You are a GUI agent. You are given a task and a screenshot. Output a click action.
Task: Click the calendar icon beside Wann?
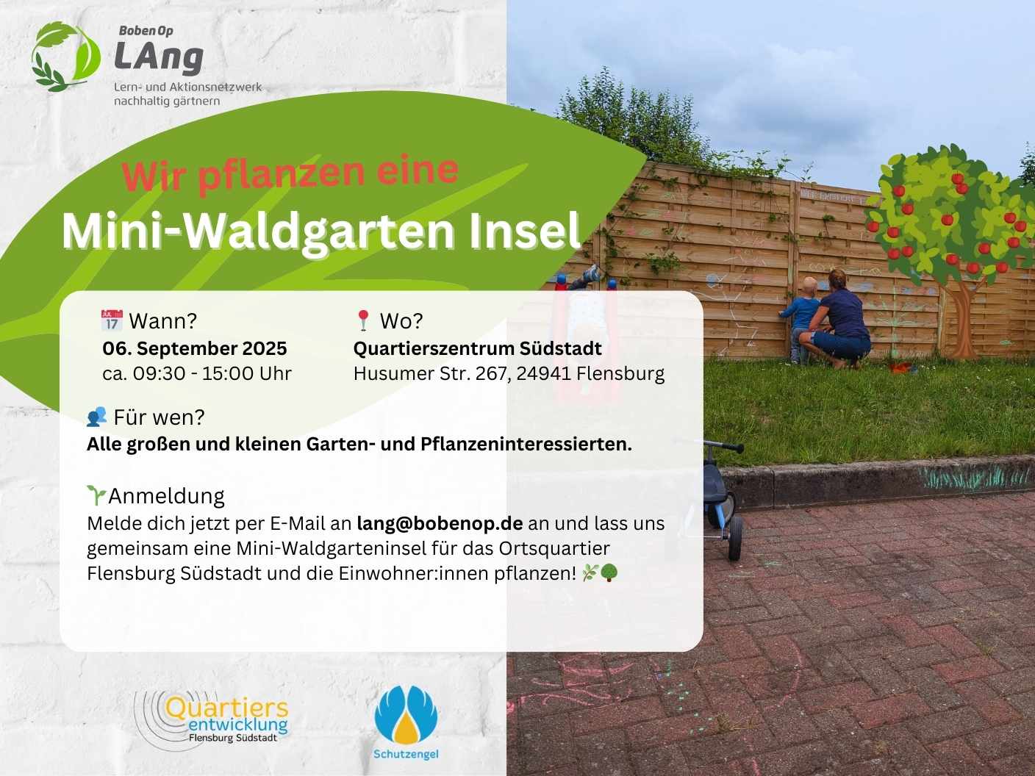(112, 320)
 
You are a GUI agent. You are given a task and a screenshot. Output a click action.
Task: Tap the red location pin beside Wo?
(362, 320)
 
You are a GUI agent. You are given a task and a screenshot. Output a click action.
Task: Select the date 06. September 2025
(195, 348)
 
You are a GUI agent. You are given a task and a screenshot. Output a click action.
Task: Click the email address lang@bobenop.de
(440, 523)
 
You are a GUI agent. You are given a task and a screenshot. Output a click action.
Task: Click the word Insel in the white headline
(524, 231)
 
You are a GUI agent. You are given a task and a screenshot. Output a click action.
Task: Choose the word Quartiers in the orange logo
(226, 708)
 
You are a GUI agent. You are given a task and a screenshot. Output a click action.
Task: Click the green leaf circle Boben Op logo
(65, 57)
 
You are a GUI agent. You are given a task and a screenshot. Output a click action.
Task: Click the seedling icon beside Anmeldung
(96, 496)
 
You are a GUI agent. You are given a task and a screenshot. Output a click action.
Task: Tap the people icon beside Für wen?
(97, 417)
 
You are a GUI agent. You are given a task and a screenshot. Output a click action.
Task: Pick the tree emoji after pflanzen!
(609, 573)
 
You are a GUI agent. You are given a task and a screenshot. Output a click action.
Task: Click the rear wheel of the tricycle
(735, 538)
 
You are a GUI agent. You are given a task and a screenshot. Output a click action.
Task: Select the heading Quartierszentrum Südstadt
(478, 348)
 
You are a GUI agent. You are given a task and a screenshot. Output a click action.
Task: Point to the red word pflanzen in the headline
(281, 173)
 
